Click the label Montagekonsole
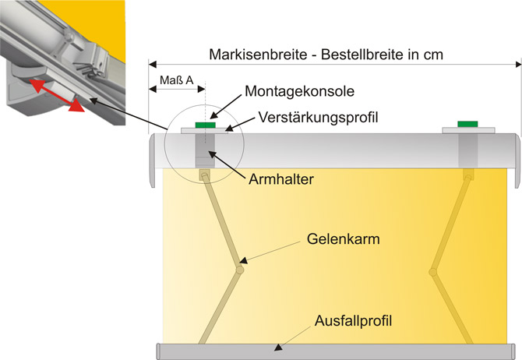pos(300,91)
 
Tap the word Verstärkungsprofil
pos(318,117)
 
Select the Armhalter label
pos(281,179)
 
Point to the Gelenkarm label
pos(344,238)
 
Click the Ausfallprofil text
pos(353,321)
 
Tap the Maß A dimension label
pos(176,80)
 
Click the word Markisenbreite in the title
pos(258,55)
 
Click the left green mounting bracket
pos(206,125)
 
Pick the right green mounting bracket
pos(467,124)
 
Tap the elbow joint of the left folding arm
pos(240,270)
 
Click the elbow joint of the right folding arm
pos(432,272)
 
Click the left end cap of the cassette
pos(153,161)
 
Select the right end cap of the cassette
pos(517,161)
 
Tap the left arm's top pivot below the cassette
pos(204,175)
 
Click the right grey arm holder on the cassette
pos(468,150)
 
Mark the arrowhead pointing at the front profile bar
pos(277,348)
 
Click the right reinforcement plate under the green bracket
pos(468,130)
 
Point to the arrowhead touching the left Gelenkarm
pos(243,260)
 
